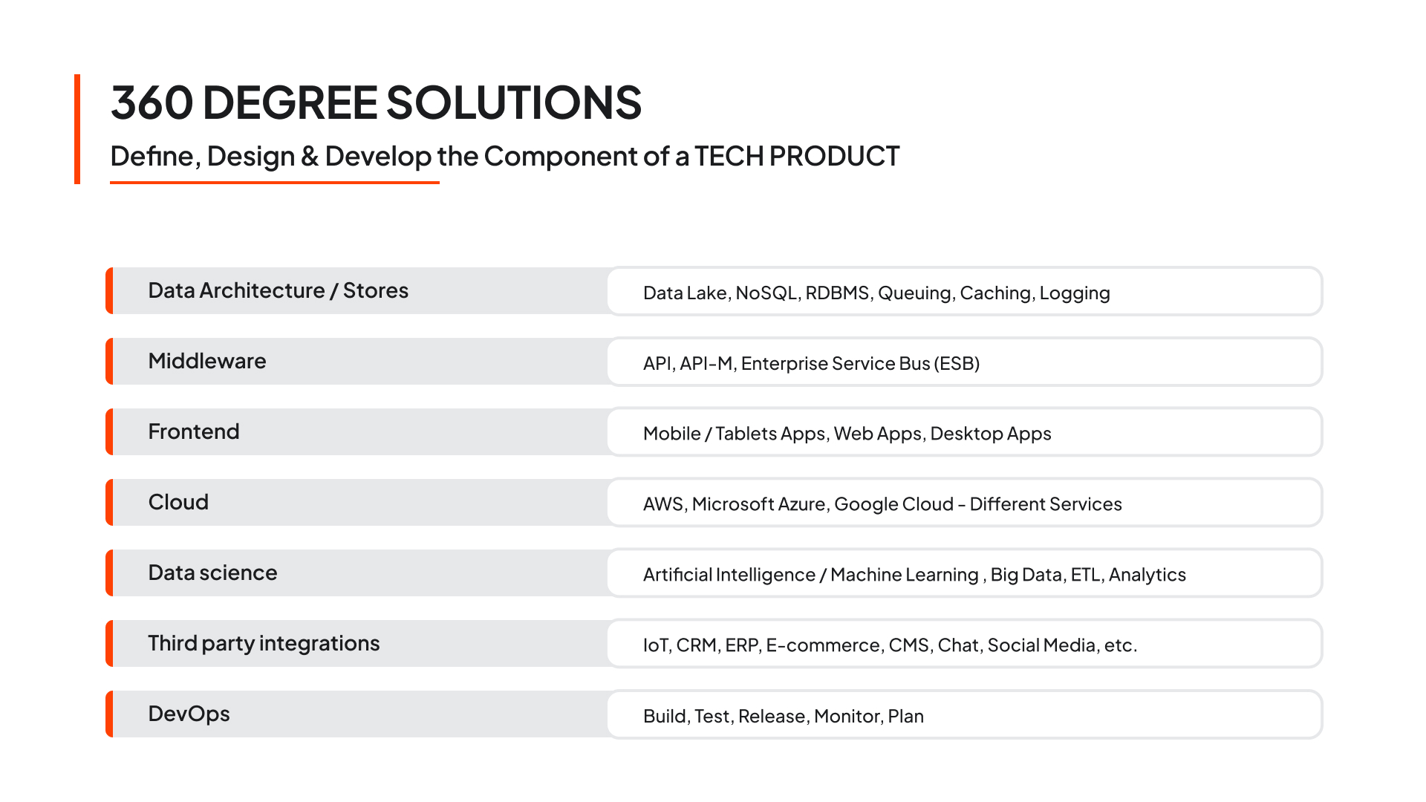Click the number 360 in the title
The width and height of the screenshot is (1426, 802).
tap(152, 102)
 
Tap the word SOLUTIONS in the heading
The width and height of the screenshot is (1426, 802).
tap(514, 102)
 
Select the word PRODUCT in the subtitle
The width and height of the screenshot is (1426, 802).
tap(834, 156)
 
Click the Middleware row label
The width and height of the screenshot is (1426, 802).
tap(207, 361)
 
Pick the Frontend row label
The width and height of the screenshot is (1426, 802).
tap(194, 431)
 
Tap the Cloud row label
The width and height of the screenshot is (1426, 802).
tap(178, 502)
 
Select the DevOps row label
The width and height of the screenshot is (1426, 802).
tap(189, 714)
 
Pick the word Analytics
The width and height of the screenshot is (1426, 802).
tap(1147, 575)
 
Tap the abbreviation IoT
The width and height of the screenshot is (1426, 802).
tap(657, 645)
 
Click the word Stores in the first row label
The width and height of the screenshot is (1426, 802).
tap(376, 290)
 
